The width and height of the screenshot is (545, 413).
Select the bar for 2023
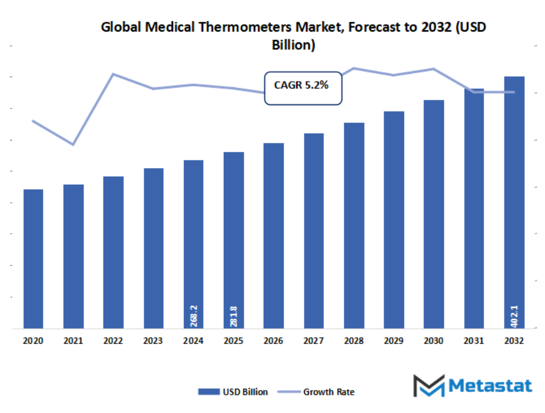click(x=154, y=248)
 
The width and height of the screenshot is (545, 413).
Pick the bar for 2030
click(x=434, y=214)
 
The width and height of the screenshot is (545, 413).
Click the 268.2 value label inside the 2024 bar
click(x=194, y=316)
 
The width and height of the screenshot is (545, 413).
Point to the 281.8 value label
click(x=233, y=316)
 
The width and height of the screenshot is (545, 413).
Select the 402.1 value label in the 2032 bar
click(x=514, y=316)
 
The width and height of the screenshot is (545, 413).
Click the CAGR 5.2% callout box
click(x=302, y=88)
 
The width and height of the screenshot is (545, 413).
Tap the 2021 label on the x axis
click(x=73, y=342)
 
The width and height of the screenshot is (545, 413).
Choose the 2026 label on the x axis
click(x=273, y=342)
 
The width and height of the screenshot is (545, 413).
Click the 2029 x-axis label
click(x=394, y=342)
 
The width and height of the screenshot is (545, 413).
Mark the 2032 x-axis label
click(x=514, y=342)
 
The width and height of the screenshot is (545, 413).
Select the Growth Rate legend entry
click(x=320, y=392)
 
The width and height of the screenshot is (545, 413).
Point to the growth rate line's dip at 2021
click(x=73, y=145)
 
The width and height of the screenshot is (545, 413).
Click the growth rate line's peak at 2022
click(x=113, y=74)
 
